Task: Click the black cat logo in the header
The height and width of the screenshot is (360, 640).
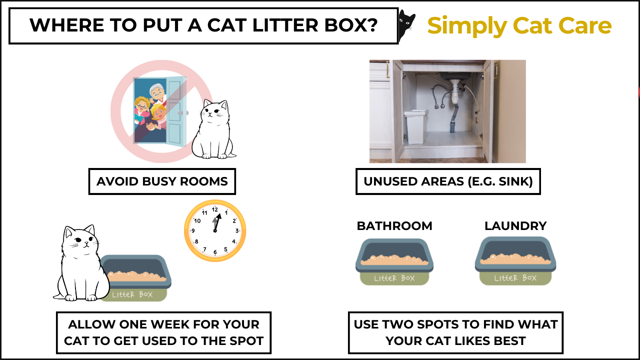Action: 406,25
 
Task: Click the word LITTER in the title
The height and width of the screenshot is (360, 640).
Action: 285,25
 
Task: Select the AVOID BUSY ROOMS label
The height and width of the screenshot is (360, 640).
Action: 162,181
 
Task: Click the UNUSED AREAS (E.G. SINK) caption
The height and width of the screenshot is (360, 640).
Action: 448,181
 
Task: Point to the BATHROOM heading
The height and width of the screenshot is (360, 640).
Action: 394,226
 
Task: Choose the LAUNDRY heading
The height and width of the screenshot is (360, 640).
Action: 515,226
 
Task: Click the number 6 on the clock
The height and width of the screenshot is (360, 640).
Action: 215,252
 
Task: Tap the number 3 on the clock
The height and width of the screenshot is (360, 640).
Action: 237,230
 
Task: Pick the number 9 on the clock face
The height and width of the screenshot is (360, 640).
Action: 193,230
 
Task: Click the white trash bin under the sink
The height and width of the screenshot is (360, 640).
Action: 416,126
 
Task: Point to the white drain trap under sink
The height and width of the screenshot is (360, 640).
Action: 455,92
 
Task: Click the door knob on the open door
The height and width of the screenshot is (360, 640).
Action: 180,113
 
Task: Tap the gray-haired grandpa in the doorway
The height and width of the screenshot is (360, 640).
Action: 157,93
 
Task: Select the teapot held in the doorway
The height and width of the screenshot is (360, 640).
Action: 150,125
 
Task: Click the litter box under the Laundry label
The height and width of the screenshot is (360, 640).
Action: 515,261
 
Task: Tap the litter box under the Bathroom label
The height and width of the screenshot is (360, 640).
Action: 394,261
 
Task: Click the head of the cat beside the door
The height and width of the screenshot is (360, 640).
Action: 215,111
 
